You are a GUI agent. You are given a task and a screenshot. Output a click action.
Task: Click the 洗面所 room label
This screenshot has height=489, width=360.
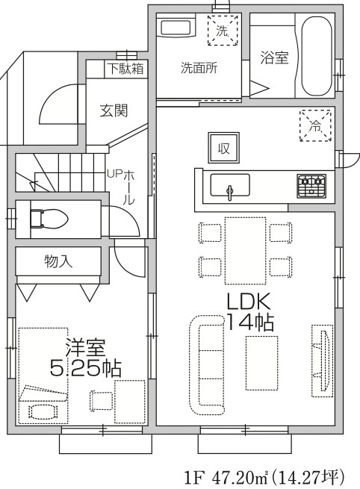click(198, 67)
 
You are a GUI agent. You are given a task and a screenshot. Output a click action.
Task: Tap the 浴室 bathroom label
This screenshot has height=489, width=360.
click(274, 57)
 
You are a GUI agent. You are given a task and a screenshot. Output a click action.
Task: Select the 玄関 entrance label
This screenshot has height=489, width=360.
click(114, 110)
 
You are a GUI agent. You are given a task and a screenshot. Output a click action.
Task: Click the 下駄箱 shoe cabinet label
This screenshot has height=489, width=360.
click(124, 69)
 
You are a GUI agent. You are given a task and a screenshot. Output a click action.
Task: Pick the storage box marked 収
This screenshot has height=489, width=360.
click(223, 147)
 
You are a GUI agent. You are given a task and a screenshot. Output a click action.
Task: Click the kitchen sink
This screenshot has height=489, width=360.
click(230, 185)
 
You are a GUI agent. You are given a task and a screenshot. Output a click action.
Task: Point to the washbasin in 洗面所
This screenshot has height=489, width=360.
click(176, 30)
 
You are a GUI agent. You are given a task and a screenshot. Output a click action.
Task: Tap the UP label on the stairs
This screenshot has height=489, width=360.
click(114, 173)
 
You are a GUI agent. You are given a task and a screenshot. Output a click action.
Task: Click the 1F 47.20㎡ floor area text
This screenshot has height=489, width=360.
click(266, 476)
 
